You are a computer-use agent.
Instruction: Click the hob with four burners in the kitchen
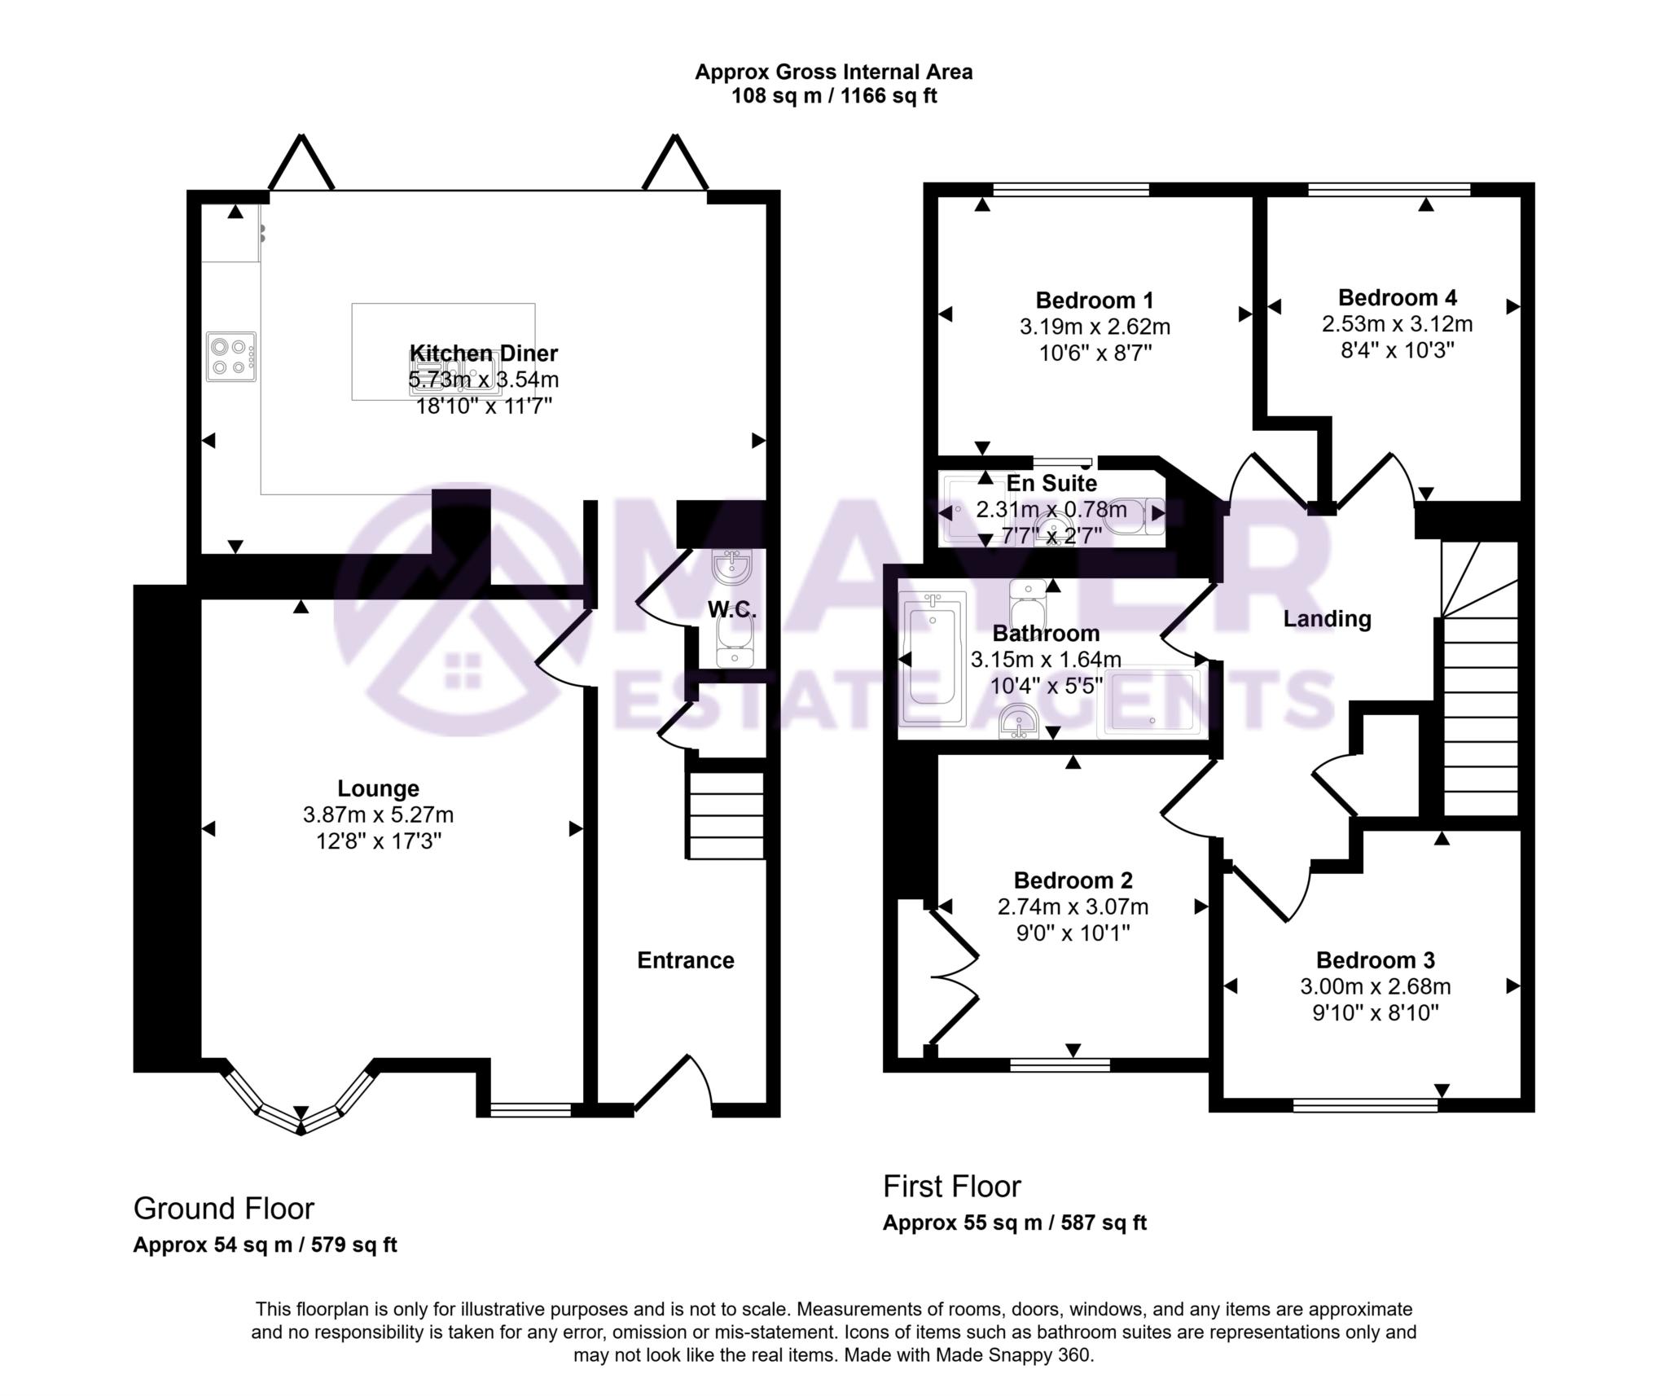point(230,357)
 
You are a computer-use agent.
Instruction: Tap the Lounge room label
point(378,788)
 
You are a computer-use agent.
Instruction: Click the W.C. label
point(731,610)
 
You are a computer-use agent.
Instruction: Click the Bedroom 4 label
point(1397,297)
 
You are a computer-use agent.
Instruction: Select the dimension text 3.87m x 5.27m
point(378,814)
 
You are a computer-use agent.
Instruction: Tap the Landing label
point(1327,619)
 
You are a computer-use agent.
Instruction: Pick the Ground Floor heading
point(224,1209)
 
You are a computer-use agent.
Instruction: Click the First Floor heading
point(951,1187)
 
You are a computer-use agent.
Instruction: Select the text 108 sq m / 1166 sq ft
point(833,97)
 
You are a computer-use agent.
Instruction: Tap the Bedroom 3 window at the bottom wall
point(1365,1104)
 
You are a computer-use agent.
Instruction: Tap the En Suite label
point(1051,484)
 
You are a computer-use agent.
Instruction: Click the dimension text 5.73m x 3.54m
point(484,380)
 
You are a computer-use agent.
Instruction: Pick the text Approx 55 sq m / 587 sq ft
point(1014,1245)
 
